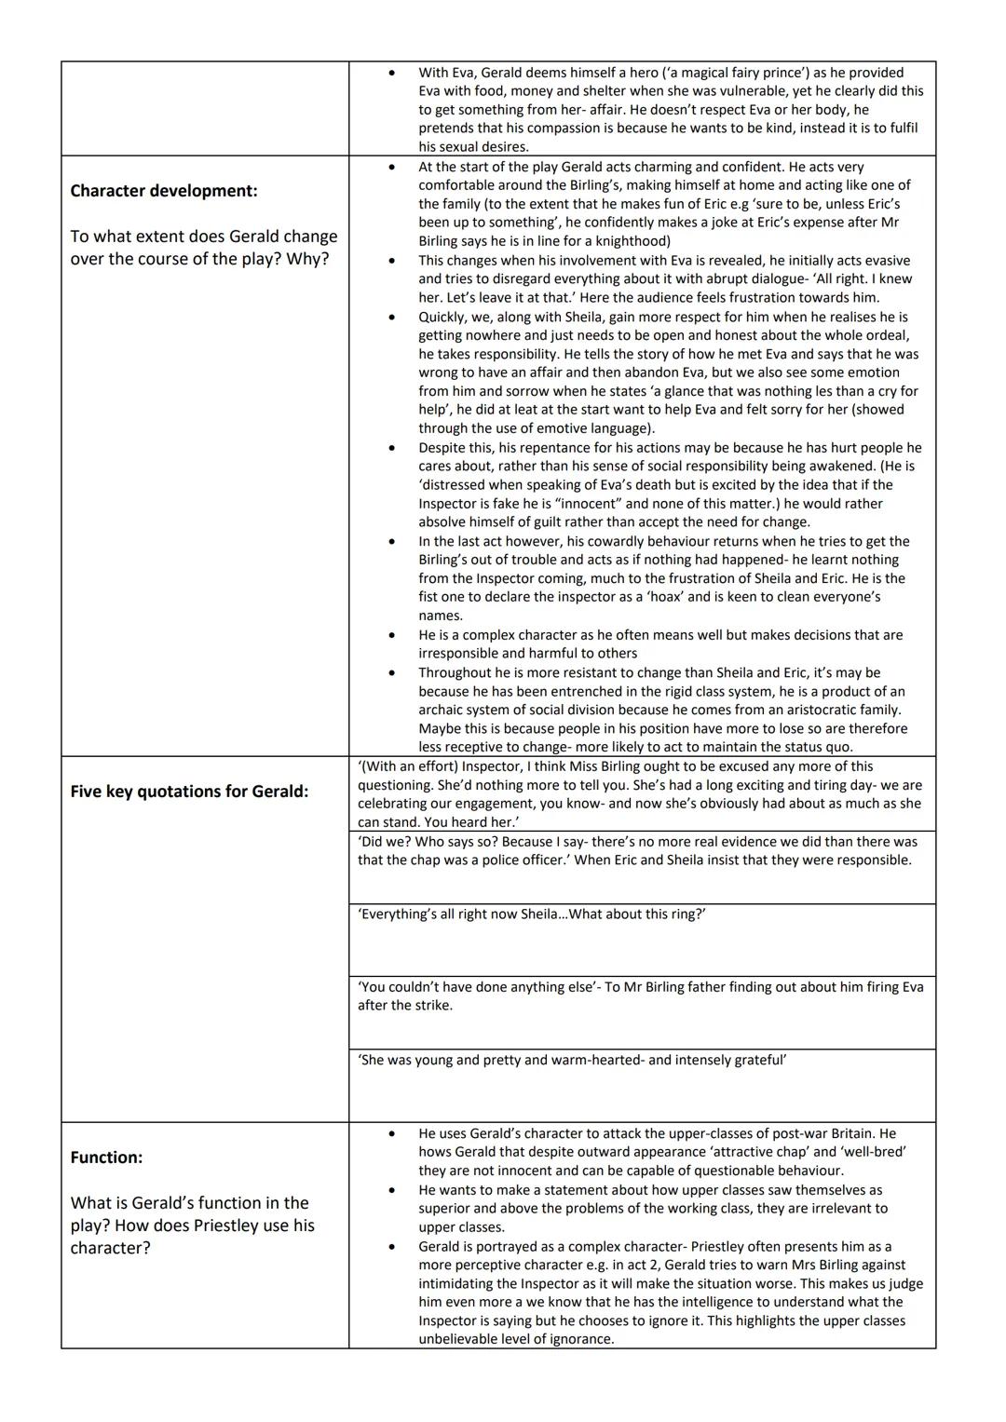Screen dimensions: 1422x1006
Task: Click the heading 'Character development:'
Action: [163, 191]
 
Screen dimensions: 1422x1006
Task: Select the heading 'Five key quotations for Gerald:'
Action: [189, 792]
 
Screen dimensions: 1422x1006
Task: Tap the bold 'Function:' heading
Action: [106, 1158]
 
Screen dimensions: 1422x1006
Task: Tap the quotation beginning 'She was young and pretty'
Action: [572, 1060]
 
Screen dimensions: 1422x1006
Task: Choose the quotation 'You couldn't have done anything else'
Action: [475, 987]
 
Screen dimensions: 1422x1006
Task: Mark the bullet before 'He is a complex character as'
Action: [392, 635]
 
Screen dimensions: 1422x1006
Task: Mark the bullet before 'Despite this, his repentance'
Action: [392, 448]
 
